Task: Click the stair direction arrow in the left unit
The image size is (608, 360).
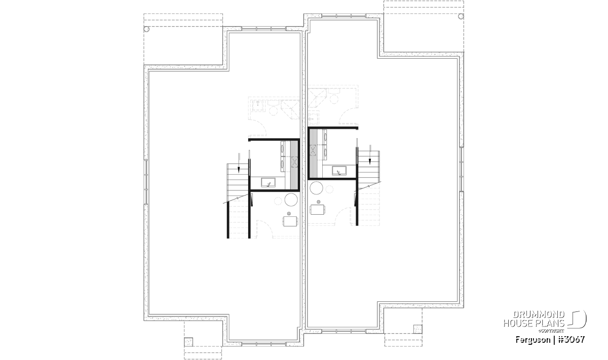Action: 239,163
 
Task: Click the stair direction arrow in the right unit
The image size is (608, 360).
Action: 370,154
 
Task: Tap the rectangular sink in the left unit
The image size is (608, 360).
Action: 268,183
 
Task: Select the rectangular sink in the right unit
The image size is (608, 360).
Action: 339,171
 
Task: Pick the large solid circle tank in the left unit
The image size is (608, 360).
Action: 291,199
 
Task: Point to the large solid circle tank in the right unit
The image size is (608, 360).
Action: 316,188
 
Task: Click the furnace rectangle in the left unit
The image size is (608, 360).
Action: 290,221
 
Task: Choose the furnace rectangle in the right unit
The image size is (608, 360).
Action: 317,210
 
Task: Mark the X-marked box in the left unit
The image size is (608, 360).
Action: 294,162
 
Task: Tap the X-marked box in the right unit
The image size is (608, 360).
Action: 313,150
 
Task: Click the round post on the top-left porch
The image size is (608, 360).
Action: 146,29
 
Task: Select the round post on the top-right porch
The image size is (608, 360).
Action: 461,16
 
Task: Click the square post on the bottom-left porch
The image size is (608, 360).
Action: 188,342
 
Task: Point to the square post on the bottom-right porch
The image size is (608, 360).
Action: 418,329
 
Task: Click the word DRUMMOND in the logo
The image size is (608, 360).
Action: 539,315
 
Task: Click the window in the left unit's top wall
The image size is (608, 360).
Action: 263,28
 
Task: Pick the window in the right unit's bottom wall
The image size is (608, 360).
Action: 344,331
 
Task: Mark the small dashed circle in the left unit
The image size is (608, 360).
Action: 278,201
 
